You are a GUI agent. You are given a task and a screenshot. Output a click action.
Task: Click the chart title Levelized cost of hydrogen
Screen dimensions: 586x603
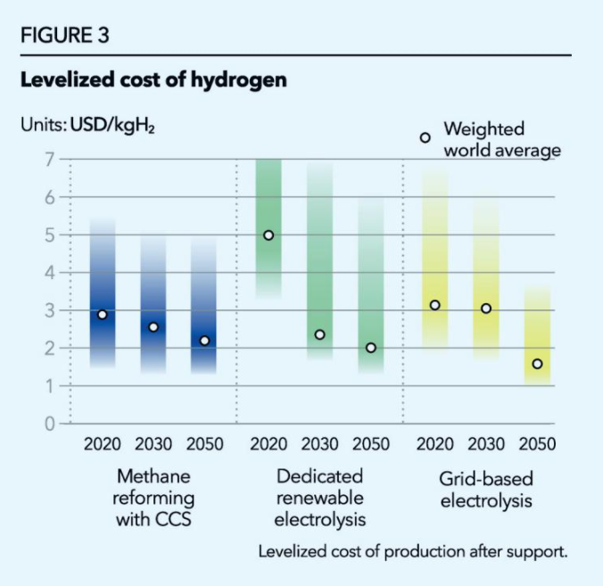[x=153, y=80]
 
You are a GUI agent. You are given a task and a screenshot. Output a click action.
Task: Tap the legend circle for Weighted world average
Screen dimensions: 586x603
[x=425, y=137]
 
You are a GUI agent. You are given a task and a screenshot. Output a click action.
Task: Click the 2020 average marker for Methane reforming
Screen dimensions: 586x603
[x=103, y=315]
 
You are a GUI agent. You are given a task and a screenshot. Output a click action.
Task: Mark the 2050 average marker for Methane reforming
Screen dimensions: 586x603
[x=204, y=341]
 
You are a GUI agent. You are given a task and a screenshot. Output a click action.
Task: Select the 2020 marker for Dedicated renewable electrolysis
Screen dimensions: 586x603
[x=268, y=235]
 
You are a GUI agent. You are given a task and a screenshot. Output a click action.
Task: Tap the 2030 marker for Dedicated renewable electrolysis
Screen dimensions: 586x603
[x=319, y=334]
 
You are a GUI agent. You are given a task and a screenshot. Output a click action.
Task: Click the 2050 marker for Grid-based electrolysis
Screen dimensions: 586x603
[x=537, y=364]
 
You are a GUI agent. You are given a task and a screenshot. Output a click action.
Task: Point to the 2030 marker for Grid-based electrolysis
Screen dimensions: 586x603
[x=486, y=309]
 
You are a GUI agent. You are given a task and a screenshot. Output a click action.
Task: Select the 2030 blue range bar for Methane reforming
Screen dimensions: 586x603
[x=153, y=303]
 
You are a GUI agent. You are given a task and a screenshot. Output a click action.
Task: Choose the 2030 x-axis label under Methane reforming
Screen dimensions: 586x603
[x=153, y=444]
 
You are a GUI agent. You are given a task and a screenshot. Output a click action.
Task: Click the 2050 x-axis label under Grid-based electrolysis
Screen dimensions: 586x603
[x=536, y=444]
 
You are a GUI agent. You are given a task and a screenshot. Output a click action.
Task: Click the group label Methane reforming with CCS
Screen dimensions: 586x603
[x=153, y=498]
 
